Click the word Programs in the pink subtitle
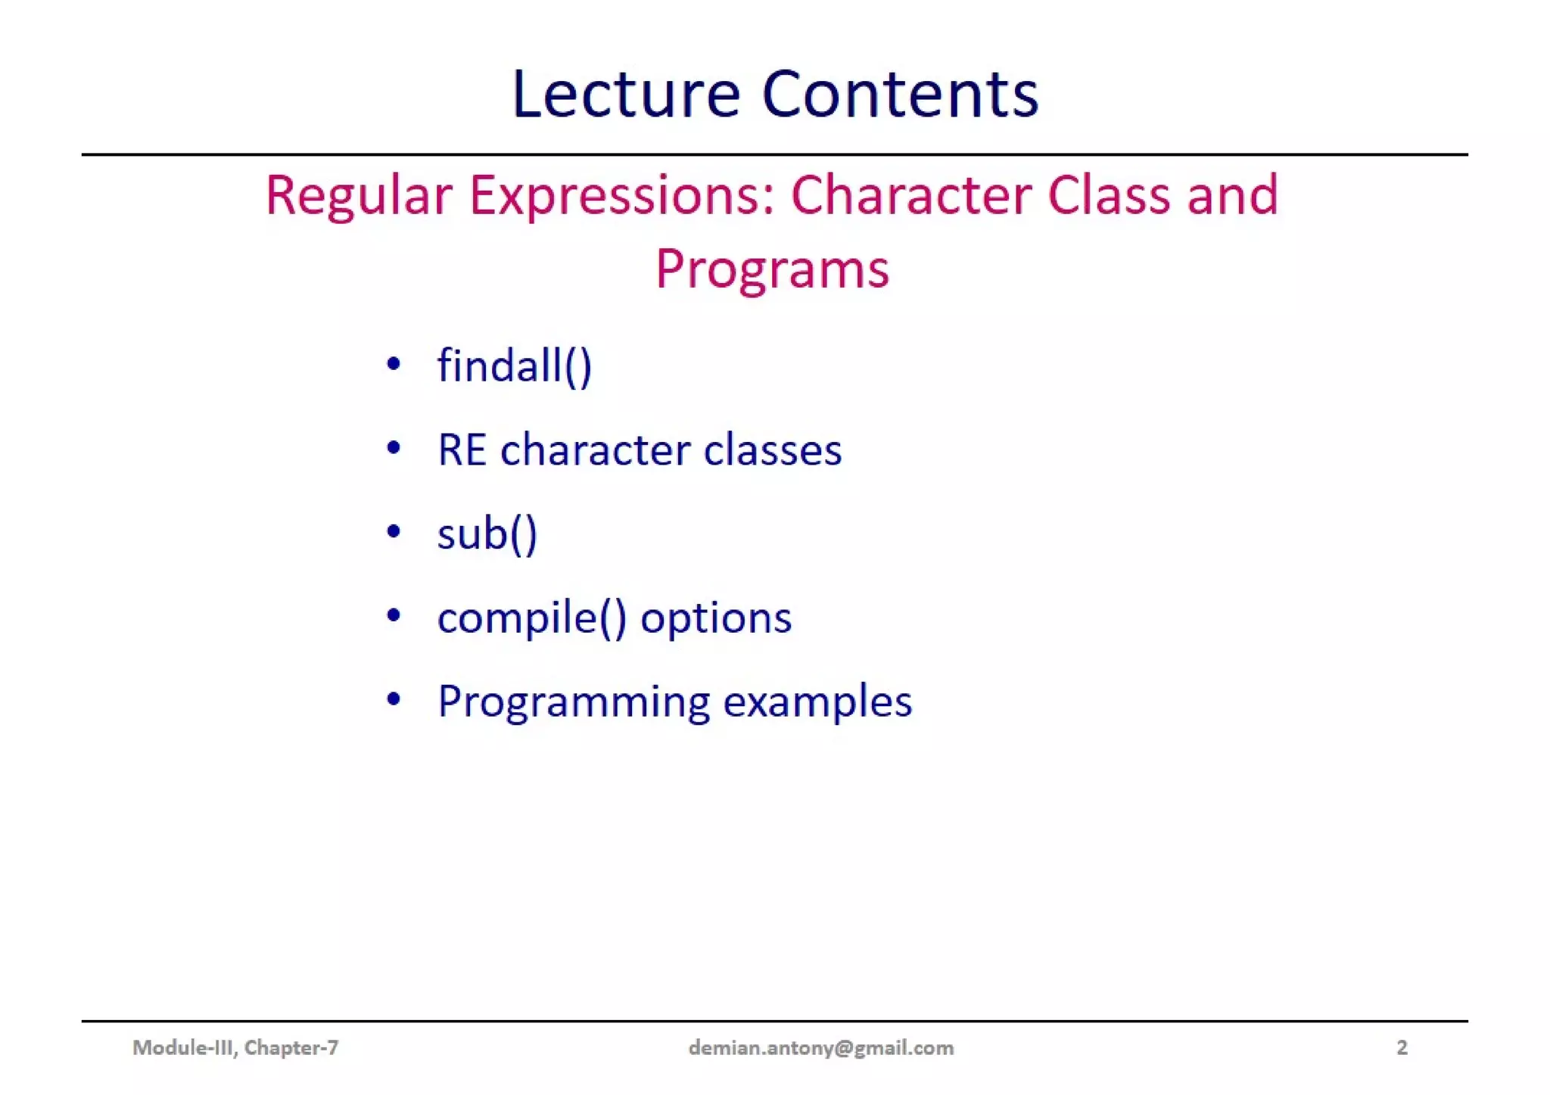click(x=772, y=269)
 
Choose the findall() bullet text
click(x=514, y=366)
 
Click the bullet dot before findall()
click(x=393, y=364)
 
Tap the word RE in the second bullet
click(x=462, y=450)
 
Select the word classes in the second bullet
click(x=772, y=450)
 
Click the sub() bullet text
click(x=487, y=534)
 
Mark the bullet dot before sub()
click(x=393, y=531)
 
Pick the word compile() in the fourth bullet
click(x=532, y=617)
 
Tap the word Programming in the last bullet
click(x=573, y=702)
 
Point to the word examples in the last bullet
click(x=817, y=701)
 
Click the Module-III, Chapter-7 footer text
click(x=235, y=1047)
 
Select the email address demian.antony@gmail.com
click(x=820, y=1047)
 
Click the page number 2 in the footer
click(x=1402, y=1047)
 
